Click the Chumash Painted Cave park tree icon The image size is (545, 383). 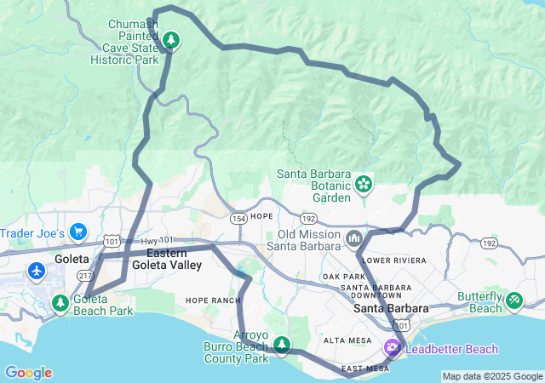(171, 39)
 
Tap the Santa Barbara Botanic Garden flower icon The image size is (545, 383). (364, 183)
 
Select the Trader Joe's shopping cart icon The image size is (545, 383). (78, 231)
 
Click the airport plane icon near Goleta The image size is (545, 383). (36, 271)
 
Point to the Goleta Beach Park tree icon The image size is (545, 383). (60, 301)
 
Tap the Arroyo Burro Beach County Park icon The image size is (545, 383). (281, 344)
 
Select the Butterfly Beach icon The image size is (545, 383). (514, 300)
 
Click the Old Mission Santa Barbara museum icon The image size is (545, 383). (353, 237)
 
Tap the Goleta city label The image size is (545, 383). (72, 259)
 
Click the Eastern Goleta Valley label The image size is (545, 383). (174, 260)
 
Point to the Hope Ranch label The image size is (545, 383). (208, 300)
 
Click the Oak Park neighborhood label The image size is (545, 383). (343, 277)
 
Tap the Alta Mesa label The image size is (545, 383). (347, 340)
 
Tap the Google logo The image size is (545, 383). (28, 373)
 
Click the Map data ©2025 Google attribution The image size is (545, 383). (492, 376)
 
